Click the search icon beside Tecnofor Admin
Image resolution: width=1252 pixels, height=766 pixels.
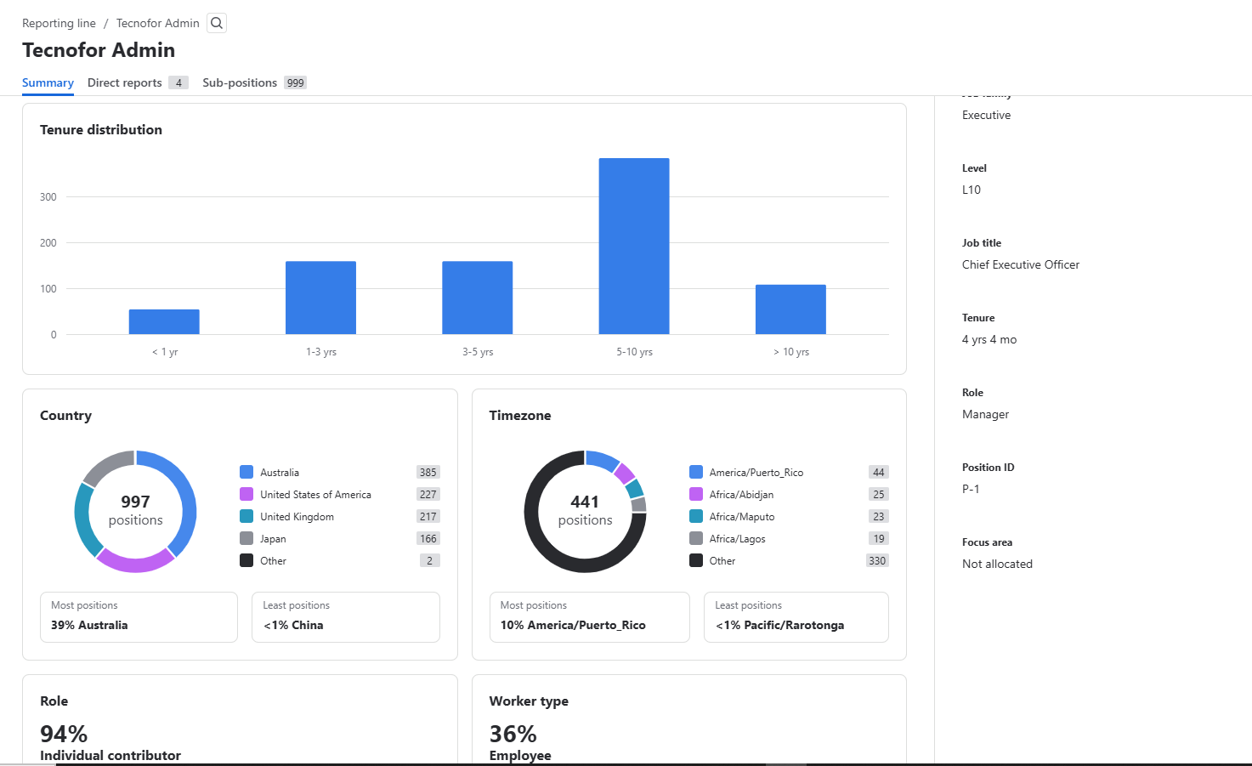217,23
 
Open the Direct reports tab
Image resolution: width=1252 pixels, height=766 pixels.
125,82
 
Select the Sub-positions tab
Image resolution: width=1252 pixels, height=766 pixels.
240,82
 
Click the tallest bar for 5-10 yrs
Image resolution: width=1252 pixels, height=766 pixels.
633,247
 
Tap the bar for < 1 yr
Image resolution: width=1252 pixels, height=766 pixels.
164,321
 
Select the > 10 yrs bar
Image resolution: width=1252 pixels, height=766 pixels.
790,309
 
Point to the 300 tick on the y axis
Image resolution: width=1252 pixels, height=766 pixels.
48,197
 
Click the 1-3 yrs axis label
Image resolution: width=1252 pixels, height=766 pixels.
321,352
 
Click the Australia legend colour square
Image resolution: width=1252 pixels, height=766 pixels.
246,472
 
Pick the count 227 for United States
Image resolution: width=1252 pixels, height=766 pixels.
428,494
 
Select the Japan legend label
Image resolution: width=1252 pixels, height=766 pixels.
273,539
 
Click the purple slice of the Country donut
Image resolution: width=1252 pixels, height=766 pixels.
134,561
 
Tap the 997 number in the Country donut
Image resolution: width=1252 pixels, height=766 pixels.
135,502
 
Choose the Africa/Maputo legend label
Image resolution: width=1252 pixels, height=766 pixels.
741,517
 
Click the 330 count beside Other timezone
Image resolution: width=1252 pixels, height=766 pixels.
876,561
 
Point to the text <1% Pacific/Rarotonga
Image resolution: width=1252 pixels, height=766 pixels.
779,625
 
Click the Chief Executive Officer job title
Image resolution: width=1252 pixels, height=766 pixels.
1020,264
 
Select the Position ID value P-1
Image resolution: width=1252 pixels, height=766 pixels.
971,489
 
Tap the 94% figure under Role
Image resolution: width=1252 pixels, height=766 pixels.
64,734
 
